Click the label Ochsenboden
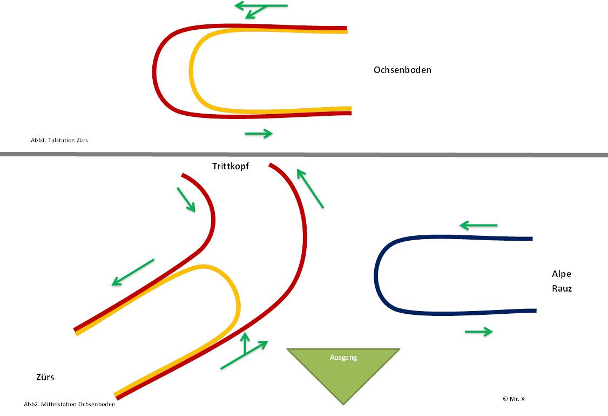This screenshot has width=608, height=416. pos(402,70)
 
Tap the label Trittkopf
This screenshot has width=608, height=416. pos(230,166)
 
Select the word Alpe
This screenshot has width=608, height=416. pos(562,274)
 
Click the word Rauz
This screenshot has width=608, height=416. pos(562,289)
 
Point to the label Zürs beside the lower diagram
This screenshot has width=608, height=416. pos(45,378)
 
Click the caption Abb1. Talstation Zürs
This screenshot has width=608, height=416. pos(59,140)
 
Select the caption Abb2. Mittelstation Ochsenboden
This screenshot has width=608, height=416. pos(70,404)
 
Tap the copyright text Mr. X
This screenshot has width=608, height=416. pos(514,399)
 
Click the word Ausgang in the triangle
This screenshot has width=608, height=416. pos(343,358)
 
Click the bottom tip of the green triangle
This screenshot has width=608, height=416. pos(343,403)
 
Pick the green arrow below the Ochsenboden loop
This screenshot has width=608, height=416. pos(259,134)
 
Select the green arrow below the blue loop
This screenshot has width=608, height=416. pos(478,332)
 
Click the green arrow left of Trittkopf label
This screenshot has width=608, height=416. pos(186,200)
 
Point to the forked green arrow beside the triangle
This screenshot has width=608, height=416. pos(245,353)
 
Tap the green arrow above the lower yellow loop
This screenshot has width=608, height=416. pos(133,273)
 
